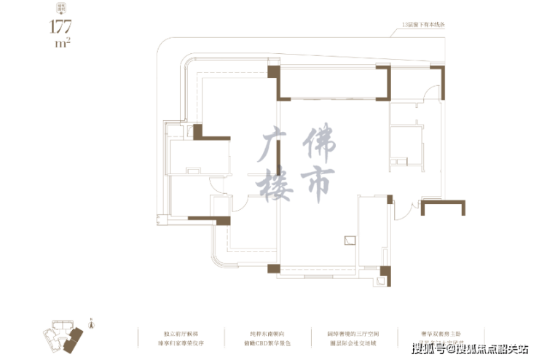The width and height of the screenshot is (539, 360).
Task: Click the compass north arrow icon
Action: click(x=90, y=323)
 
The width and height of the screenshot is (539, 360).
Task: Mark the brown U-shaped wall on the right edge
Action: click(x=442, y=208)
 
